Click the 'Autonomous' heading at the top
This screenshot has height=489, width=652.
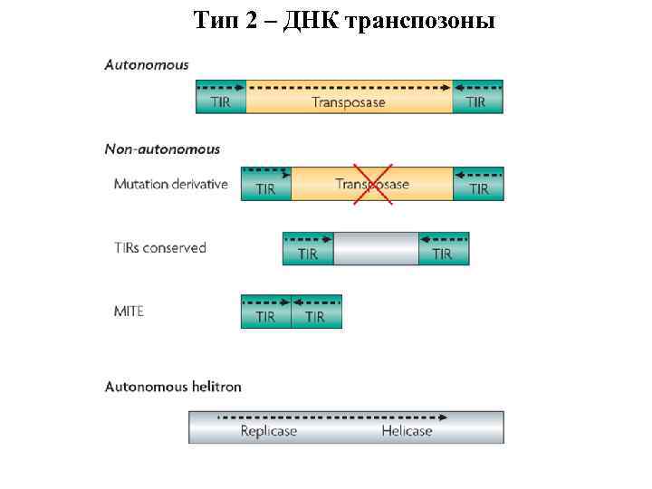(147, 64)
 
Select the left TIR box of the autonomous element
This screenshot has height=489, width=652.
(220, 97)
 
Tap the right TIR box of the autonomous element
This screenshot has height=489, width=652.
(477, 97)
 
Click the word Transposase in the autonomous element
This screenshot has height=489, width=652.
(349, 101)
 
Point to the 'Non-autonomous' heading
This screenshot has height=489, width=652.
(162, 149)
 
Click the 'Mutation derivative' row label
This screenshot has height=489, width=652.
(171, 184)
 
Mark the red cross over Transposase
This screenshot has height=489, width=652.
(372, 184)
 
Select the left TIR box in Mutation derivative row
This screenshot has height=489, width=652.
(265, 184)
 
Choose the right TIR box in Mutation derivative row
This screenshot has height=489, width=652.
(478, 184)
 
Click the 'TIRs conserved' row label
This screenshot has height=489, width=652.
(160, 247)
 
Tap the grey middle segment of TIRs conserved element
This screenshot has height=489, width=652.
(376, 249)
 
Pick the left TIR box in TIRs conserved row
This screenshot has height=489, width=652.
(308, 249)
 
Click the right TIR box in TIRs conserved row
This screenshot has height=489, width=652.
(443, 249)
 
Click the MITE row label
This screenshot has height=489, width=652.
(129, 311)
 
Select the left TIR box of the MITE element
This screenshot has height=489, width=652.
(265, 312)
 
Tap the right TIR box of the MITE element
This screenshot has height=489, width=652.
(316, 312)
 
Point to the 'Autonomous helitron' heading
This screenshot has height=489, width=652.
(173, 387)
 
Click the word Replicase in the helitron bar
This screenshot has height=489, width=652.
(268, 431)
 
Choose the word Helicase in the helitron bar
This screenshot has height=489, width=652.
(407, 431)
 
